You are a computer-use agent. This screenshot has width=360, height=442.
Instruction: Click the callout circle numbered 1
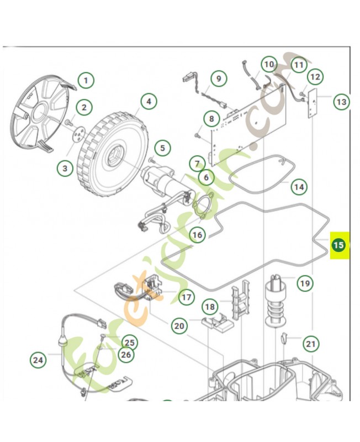click(86, 81)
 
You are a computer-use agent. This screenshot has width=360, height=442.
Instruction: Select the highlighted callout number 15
click(338, 245)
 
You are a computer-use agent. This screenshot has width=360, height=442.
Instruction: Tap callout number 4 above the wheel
click(148, 101)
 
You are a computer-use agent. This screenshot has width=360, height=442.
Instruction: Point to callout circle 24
click(38, 360)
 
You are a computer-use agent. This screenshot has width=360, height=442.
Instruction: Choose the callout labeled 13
click(341, 102)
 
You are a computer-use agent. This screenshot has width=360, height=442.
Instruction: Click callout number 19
click(305, 284)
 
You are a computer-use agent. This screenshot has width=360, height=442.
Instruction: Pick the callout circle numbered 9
click(218, 78)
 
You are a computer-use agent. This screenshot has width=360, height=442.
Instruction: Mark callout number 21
click(311, 344)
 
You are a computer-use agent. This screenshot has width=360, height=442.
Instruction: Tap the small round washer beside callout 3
click(78, 134)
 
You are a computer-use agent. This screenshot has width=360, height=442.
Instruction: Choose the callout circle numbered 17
click(186, 297)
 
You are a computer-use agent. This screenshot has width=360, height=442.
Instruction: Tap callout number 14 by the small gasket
click(299, 187)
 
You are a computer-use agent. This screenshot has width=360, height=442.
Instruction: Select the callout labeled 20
click(179, 326)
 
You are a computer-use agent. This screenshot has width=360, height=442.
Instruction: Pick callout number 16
click(197, 235)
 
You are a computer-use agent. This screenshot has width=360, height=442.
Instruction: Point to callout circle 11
click(298, 65)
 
